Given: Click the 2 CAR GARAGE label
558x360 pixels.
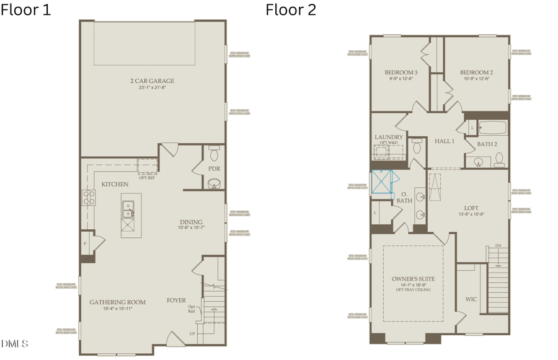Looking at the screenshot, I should pos(152,81).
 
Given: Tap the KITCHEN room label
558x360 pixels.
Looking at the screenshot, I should pos(115,184).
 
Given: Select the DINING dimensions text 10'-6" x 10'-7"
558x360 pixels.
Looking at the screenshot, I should pos(191,228).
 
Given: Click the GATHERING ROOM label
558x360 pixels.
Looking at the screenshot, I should pos(117,302).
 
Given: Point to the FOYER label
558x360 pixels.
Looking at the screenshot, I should pos(176,301).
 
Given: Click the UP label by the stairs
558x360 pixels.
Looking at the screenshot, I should pos(192,333).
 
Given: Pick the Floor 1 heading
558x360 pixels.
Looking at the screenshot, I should pos(26,10).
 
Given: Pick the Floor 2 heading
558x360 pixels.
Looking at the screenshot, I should pos(291,10).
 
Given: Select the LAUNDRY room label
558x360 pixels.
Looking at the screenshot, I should pos(389,137).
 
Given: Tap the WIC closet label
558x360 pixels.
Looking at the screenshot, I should pos(471,299).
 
